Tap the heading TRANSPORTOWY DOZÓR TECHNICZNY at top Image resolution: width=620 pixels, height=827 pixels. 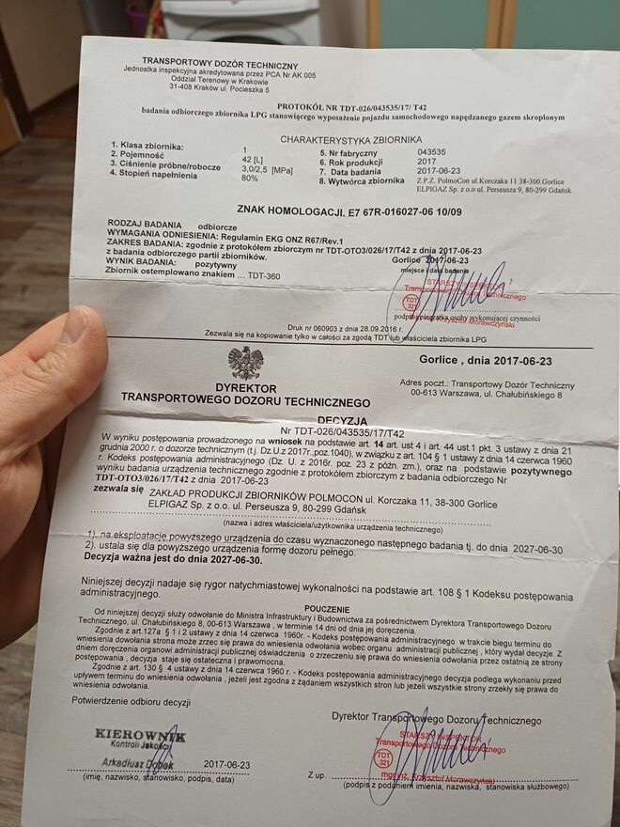coord(220,61)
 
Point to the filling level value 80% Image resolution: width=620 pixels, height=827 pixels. coord(249,178)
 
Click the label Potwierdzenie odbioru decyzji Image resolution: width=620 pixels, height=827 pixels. coord(137,700)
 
